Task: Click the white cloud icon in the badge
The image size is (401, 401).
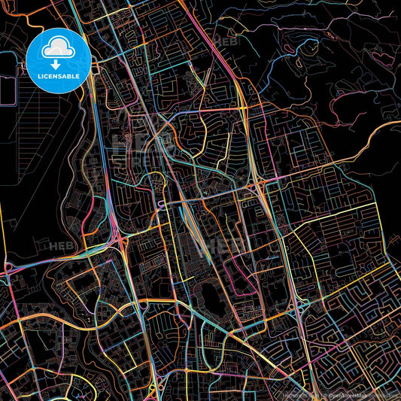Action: tap(59, 49)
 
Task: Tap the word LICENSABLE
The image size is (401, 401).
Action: tap(59, 76)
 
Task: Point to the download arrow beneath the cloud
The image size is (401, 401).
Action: tap(59, 62)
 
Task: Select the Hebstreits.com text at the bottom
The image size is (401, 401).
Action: tap(304, 394)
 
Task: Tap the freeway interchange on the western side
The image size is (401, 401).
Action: tap(120, 239)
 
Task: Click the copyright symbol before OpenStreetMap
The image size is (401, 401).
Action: tap(323, 394)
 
